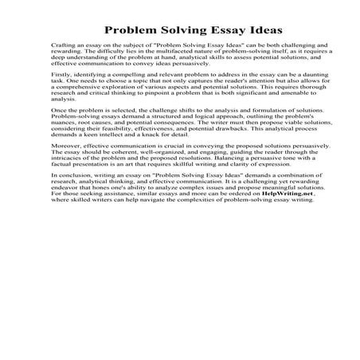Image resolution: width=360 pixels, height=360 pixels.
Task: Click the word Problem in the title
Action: [x=122, y=29]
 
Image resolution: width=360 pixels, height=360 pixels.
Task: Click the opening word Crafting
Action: [x=62, y=50]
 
